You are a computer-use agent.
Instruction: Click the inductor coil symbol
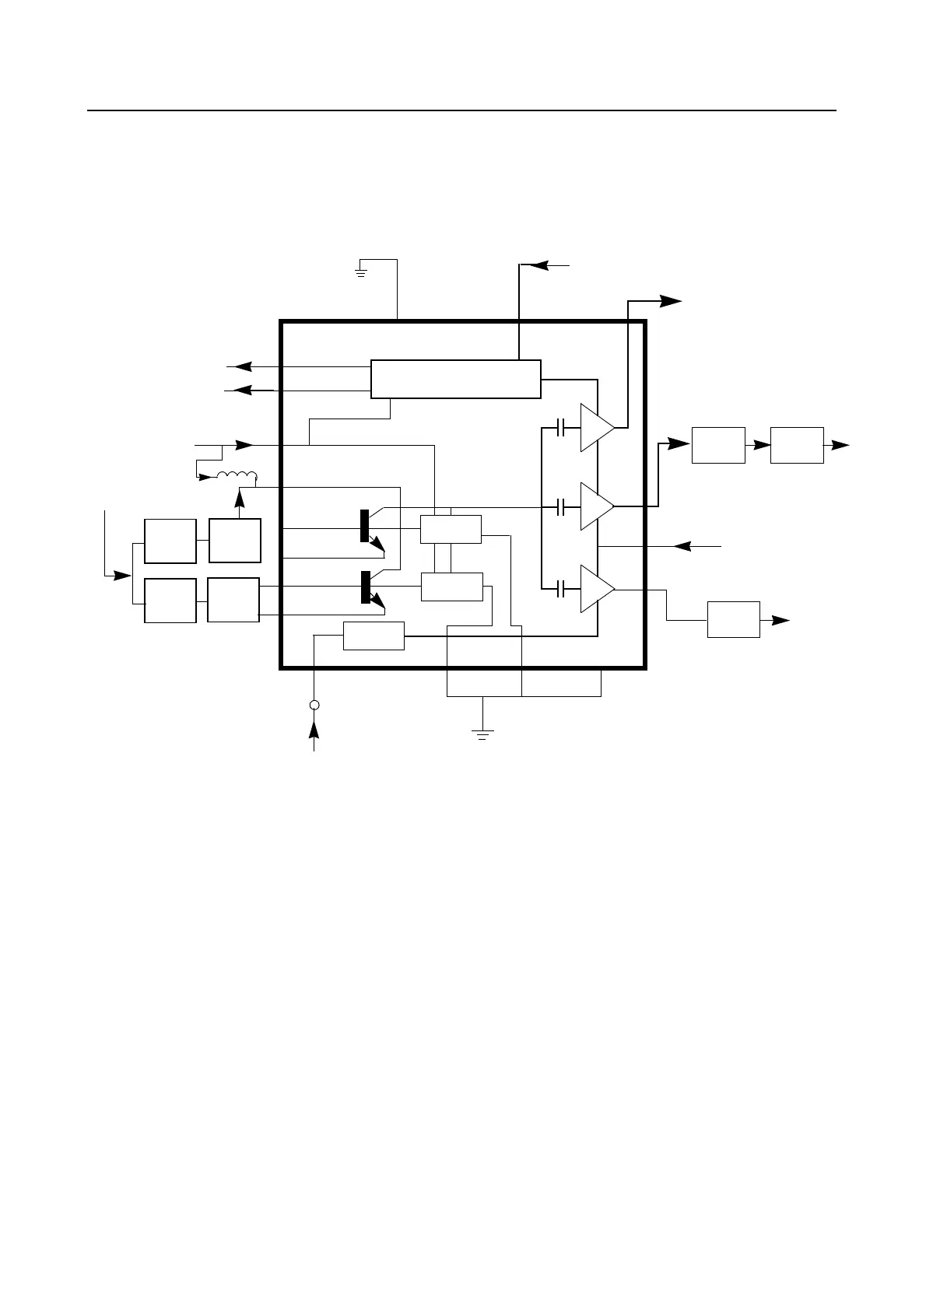(237, 476)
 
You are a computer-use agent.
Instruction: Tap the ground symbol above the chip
(361, 272)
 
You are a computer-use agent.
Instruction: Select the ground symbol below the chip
(483, 734)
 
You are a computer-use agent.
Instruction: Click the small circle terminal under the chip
(314, 705)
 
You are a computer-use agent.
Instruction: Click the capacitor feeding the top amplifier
(560, 427)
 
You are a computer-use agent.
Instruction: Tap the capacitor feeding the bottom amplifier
(560, 589)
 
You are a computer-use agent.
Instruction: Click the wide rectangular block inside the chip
(455, 379)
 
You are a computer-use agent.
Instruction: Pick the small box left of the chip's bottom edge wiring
(374, 636)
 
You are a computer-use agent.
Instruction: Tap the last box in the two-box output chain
(797, 445)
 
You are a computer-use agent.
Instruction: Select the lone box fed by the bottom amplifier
(733, 619)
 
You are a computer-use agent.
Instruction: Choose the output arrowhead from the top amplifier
(672, 301)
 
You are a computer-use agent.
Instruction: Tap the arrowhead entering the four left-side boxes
(123, 576)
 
